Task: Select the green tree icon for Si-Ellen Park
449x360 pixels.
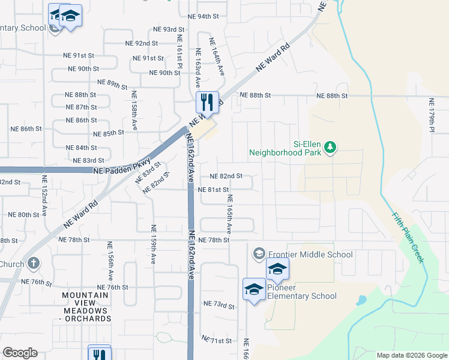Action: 329,147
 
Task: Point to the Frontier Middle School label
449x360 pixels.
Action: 310,254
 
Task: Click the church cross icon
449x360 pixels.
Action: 34,263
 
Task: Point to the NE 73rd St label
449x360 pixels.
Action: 218,305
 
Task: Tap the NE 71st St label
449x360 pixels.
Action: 216,341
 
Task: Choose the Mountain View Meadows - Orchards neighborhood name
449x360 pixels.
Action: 86,307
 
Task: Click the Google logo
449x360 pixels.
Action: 20,353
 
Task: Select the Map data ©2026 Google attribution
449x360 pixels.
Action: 412,355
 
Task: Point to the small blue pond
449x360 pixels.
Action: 361,300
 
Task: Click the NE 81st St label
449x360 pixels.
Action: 214,190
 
